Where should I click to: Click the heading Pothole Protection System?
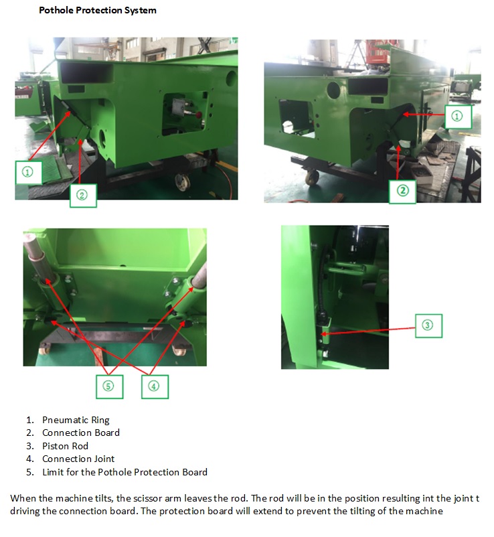pyautogui.click(x=98, y=10)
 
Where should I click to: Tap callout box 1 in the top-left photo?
pyautogui.click(x=29, y=172)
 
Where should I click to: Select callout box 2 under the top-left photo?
pyautogui.click(x=83, y=196)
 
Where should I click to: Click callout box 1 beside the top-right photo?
pyautogui.click(x=458, y=117)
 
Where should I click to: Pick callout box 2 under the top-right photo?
pyautogui.click(x=402, y=191)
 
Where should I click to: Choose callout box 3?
pyautogui.click(x=428, y=325)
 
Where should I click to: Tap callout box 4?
pyautogui.click(x=155, y=386)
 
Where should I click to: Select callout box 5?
pyautogui.click(x=110, y=386)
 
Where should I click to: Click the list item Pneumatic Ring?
pyautogui.click(x=76, y=420)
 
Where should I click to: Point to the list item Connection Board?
pyautogui.click(x=81, y=433)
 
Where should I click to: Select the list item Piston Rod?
pyautogui.click(x=65, y=446)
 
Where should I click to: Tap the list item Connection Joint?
pyautogui.click(x=78, y=459)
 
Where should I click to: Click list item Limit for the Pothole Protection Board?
pyautogui.click(x=125, y=472)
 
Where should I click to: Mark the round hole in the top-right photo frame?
pyautogui.click(x=333, y=90)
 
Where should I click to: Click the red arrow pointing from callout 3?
pyautogui.click(x=367, y=331)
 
